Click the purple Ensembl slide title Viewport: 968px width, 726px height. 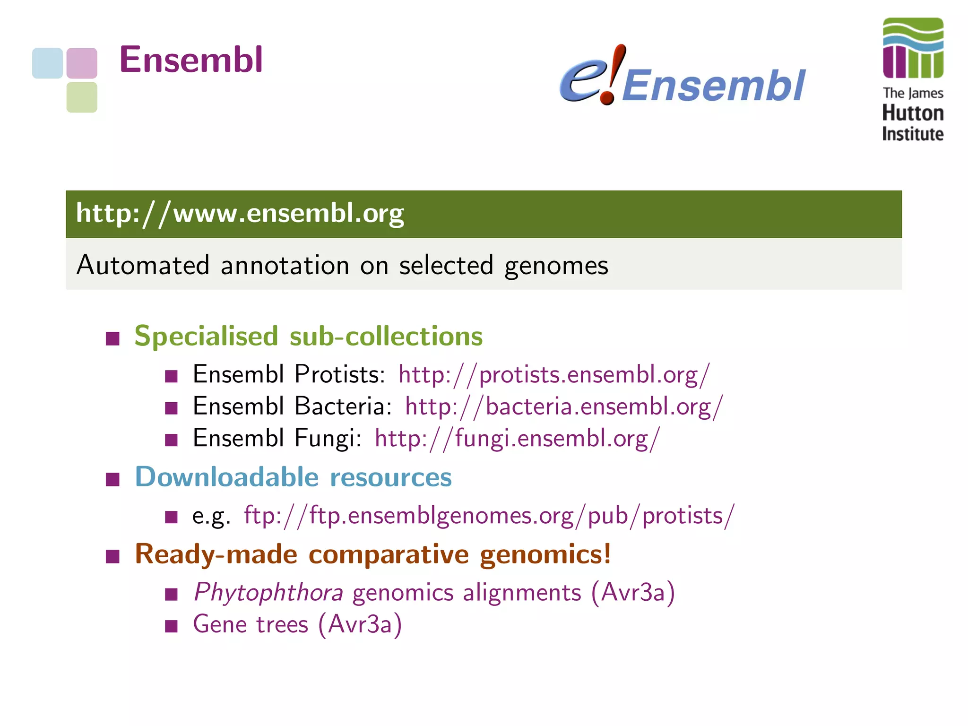(x=190, y=60)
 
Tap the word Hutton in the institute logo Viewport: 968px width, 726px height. (x=912, y=113)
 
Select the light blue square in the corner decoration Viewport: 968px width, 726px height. (x=47, y=63)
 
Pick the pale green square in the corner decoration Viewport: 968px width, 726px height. (x=82, y=97)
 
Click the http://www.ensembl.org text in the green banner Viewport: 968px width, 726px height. (x=240, y=214)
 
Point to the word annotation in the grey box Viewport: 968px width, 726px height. (x=284, y=265)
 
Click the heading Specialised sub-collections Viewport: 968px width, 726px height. (x=308, y=336)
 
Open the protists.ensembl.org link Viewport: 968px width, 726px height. (x=553, y=375)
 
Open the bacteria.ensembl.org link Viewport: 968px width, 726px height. (x=563, y=406)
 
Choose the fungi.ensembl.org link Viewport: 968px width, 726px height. (x=517, y=438)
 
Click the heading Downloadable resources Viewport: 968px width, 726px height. (x=293, y=477)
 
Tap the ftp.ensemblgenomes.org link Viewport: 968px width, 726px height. (x=489, y=516)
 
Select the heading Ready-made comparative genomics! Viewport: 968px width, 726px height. (x=372, y=554)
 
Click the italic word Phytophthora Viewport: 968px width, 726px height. (x=268, y=593)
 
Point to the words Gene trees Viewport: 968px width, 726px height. (x=251, y=624)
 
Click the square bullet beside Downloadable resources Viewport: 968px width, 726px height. (x=112, y=480)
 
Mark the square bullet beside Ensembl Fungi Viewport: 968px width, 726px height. (x=171, y=441)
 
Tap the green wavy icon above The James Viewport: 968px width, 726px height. (x=913, y=48)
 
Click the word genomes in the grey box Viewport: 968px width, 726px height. (x=556, y=265)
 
